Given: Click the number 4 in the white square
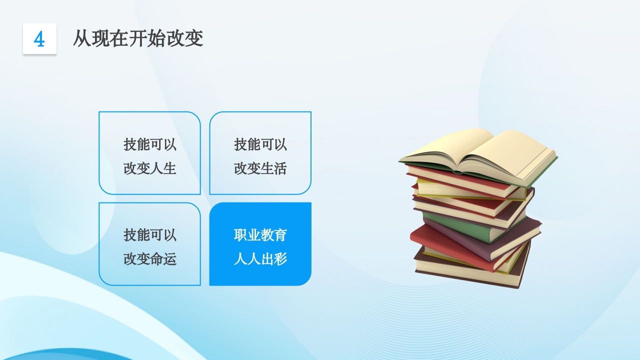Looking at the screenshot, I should tap(39, 39).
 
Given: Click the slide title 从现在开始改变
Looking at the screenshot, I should tap(138, 38).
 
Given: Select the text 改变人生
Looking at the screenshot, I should tap(150, 168).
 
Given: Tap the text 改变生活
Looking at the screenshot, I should tap(260, 168).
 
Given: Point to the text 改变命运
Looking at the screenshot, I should tap(150, 259).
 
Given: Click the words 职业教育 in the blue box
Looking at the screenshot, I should tap(260, 235).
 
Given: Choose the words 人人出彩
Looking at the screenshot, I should tap(260, 259).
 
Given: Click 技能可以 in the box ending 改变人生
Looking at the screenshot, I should tap(150, 145).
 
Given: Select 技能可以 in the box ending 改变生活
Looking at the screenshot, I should tap(260, 145).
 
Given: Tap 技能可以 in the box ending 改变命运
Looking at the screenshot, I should tap(150, 235).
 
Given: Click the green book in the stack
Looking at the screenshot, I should tap(465, 228).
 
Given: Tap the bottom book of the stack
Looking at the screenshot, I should tap(470, 270).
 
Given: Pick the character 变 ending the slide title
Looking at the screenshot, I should tap(194, 38).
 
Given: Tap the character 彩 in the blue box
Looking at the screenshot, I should tap(280, 259).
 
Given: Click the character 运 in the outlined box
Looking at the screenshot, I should tap(170, 259).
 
